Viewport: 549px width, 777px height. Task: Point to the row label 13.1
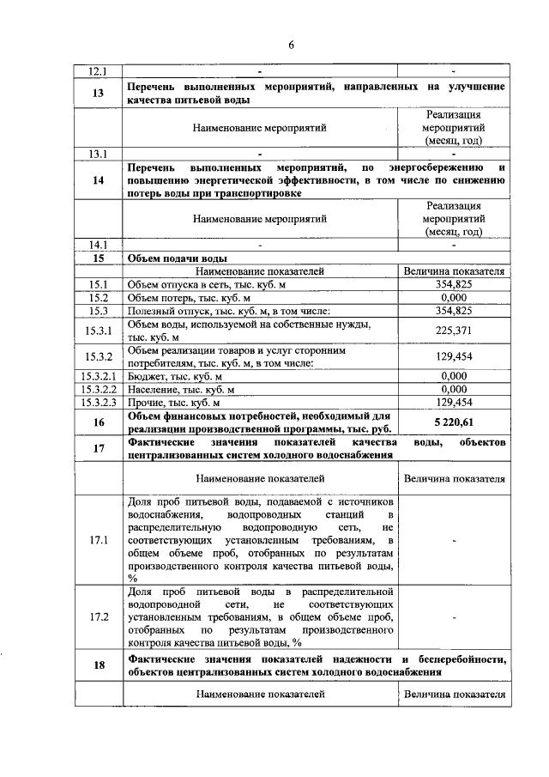(99, 154)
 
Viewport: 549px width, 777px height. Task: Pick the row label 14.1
(99, 244)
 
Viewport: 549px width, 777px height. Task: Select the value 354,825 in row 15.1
(453, 284)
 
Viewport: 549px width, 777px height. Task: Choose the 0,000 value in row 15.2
(453, 297)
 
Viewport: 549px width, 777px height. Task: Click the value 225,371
(453, 330)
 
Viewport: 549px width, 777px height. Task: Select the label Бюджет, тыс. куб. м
(174, 376)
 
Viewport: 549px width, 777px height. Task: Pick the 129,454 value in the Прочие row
(453, 402)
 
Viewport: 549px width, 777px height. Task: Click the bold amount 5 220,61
(453, 422)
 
